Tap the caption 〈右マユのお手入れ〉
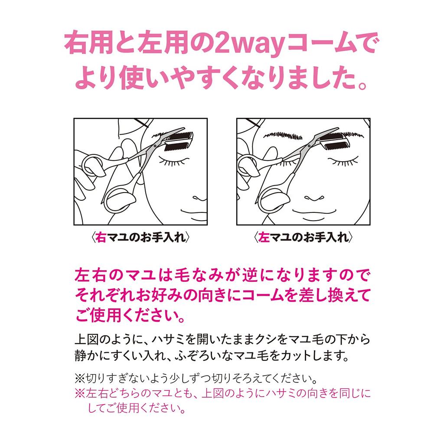point(140,237)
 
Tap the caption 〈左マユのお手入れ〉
point(303,237)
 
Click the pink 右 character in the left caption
point(101,237)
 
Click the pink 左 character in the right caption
point(264,237)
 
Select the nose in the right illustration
point(314,198)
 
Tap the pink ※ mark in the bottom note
point(80,393)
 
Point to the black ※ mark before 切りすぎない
point(80,378)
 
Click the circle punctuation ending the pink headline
point(362,85)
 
